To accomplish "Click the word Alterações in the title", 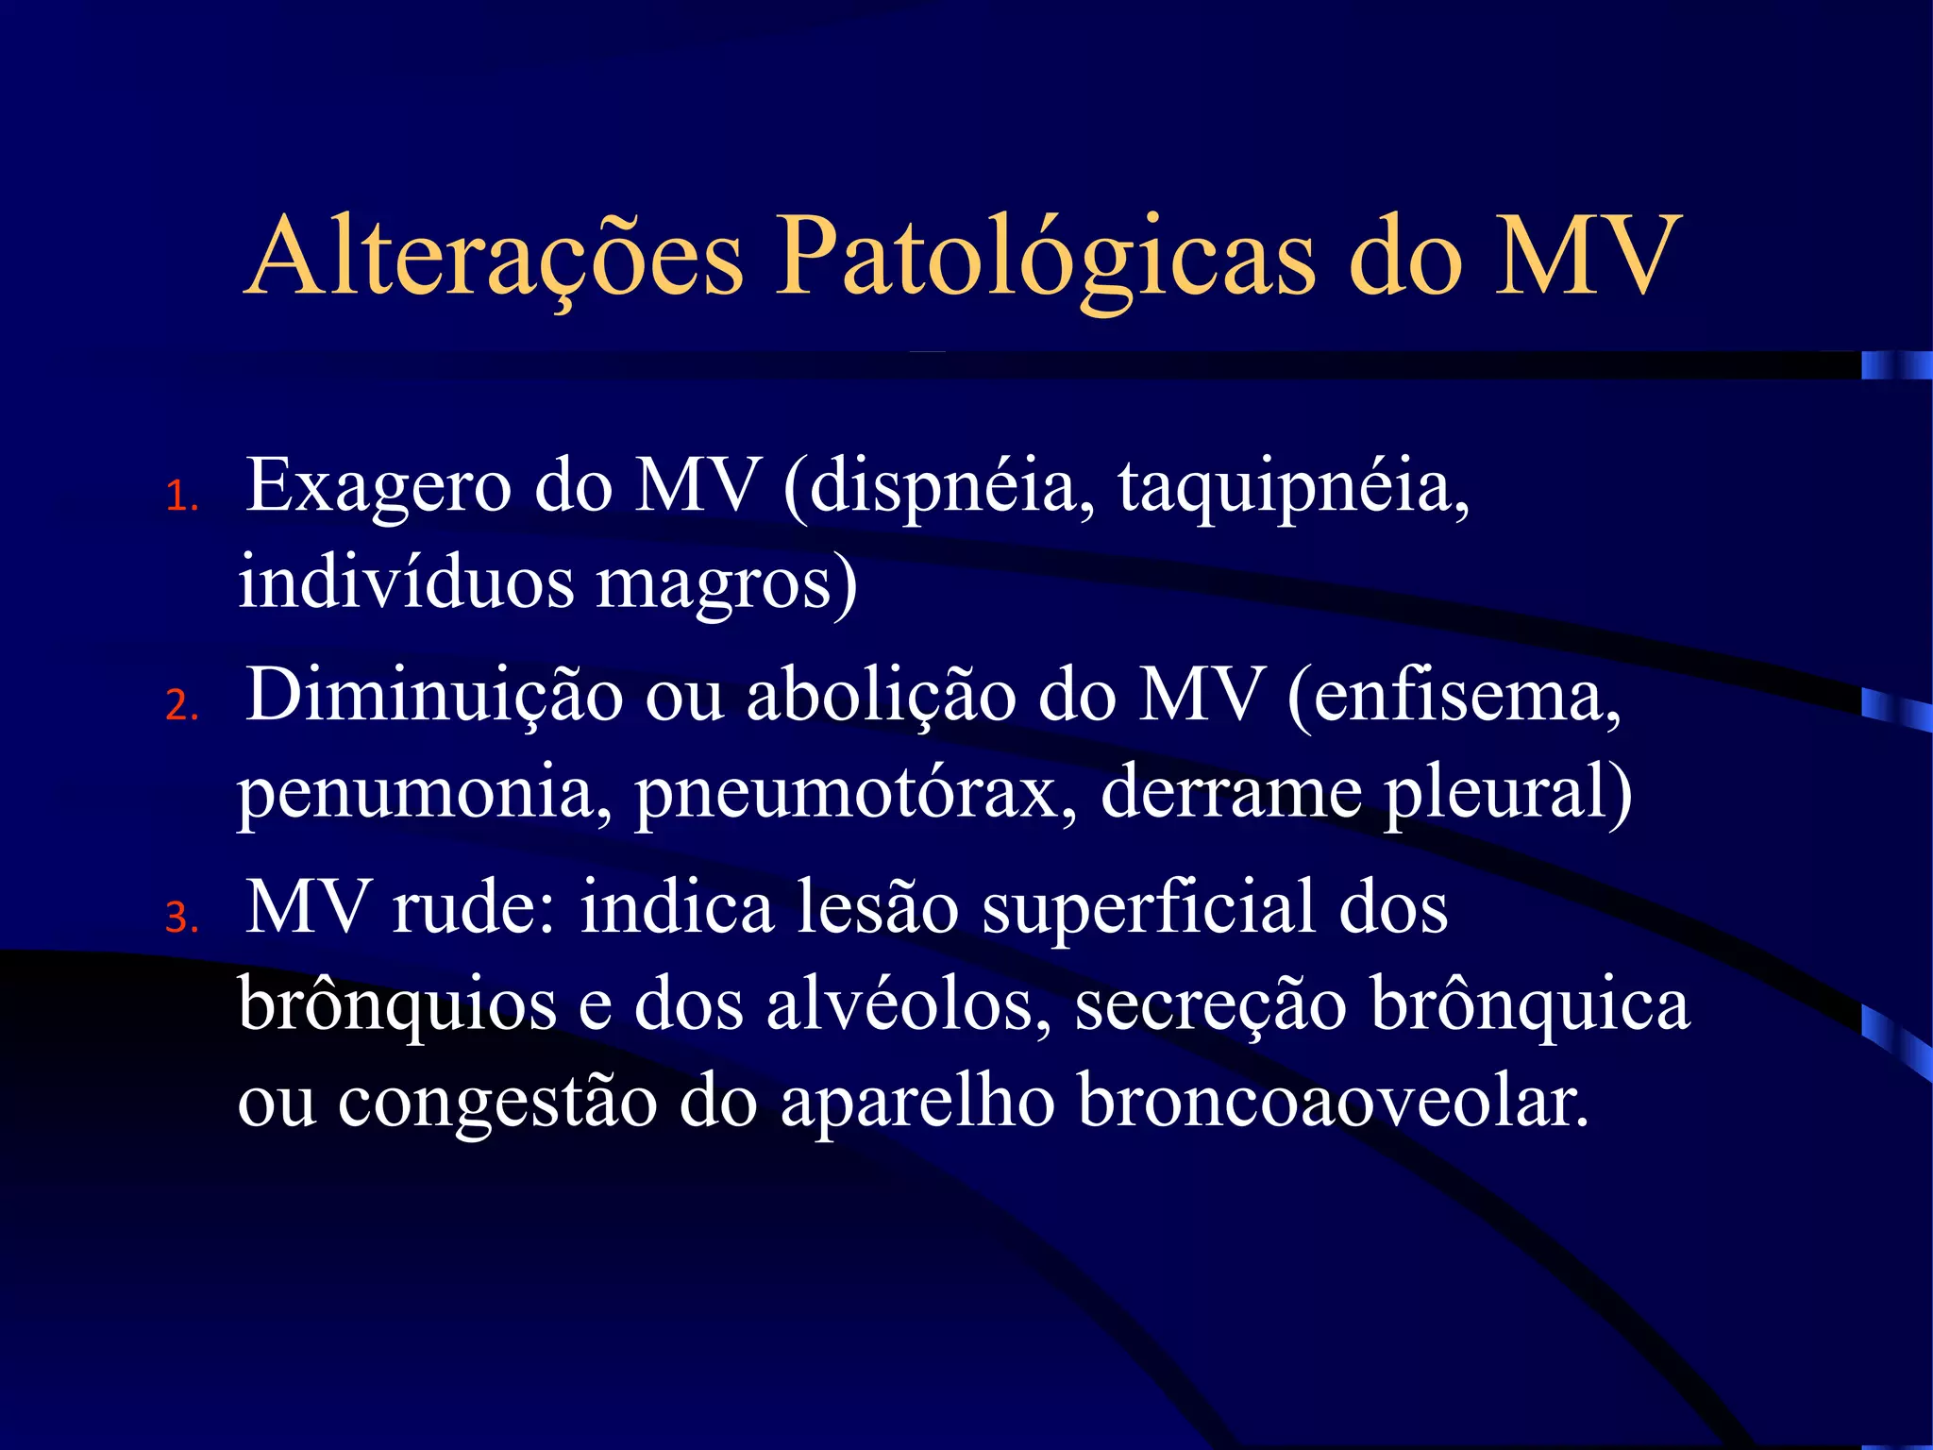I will tap(495, 257).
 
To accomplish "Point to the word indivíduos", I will tap(405, 582).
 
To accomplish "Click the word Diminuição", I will tap(434, 697).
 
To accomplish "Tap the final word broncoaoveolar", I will tap(1332, 1101).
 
